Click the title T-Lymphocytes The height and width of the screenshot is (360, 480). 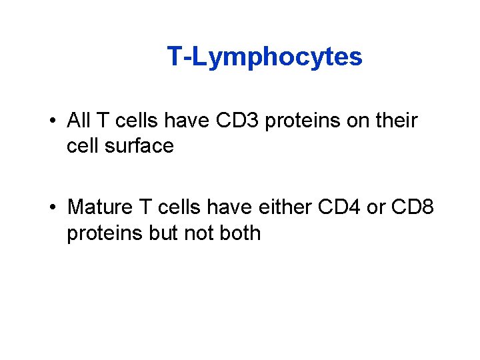(x=265, y=57)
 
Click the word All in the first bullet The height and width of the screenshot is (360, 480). (x=79, y=121)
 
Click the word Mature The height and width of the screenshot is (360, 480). (x=100, y=207)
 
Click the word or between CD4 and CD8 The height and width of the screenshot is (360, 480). (x=376, y=207)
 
